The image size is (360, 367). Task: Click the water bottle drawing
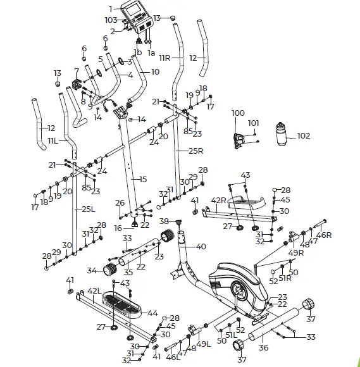pos(282,136)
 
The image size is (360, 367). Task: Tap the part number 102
pos(304,135)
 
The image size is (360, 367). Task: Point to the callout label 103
pos(111,21)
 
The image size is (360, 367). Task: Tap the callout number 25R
pos(196,151)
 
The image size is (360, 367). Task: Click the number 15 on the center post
pos(142,179)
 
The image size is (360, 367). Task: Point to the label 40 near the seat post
pos(201,247)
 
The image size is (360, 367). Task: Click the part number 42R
pos(218,201)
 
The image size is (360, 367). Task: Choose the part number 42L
pos(93,291)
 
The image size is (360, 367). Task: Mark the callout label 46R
pos(323,235)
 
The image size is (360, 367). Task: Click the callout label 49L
pos(202,344)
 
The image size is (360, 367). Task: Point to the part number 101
pos(253,123)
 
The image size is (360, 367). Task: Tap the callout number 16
pos(118,228)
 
